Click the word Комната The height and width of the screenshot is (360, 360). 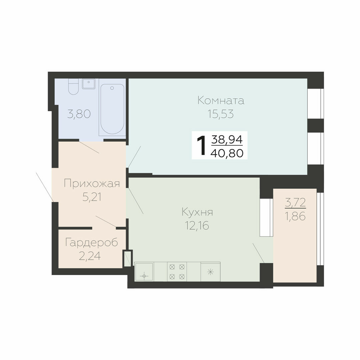pyautogui.click(x=221, y=101)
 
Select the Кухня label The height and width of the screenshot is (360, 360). pyautogui.click(x=197, y=212)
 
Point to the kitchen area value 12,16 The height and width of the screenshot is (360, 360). pyautogui.click(x=197, y=226)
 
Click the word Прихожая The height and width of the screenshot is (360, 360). pyautogui.click(x=92, y=184)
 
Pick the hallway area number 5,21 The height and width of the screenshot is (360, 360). pyautogui.click(x=92, y=197)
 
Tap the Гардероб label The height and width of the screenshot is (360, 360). pyautogui.click(x=92, y=242)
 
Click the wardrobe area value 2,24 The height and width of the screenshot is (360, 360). pyautogui.click(x=90, y=256)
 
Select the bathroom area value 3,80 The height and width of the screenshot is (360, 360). pyautogui.click(x=79, y=114)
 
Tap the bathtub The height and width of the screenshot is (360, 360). pyautogui.click(x=112, y=109)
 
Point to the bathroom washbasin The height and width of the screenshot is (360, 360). pyautogui.click(x=89, y=84)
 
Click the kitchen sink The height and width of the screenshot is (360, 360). pyautogui.click(x=144, y=272)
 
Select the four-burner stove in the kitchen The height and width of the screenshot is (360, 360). pyautogui.click(x=177, y=272)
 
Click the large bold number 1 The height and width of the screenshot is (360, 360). pyautogui.click(x=201, y=145)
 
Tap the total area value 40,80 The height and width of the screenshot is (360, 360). pyautogui.click(x=227, y=153)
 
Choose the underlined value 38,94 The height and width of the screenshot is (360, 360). pyautogui.click(x=227, y=139)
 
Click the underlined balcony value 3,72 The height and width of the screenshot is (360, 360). pyautogui.click(x=295, y=203)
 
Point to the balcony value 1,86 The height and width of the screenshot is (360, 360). pyautogui.click(x=295, y=216)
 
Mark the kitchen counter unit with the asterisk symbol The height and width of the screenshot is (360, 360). pyautogui.click(x=211, y=272)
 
